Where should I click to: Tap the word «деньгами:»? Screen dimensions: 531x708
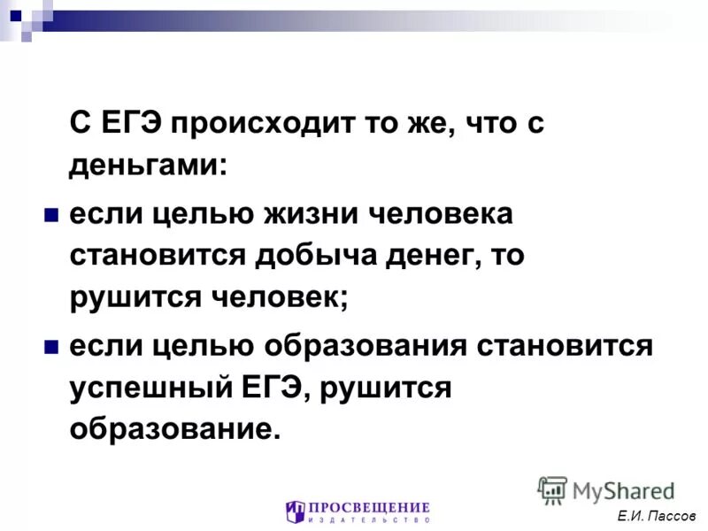click(147, 165)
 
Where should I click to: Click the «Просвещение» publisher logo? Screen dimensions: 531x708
click(358, 512)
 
